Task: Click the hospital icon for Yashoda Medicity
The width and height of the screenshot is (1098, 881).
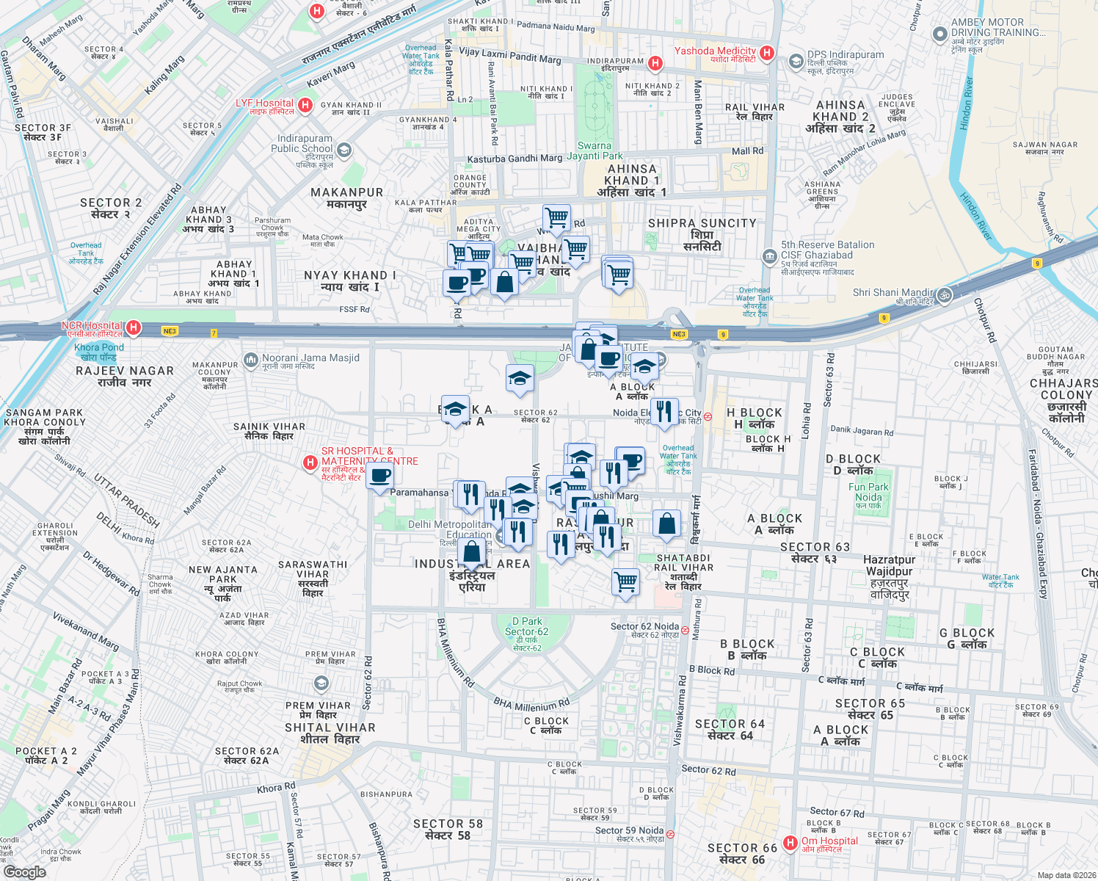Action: pos(767,52)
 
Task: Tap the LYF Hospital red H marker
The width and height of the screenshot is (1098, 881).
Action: pos(305,105)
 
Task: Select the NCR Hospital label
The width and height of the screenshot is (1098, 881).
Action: pos(92,325)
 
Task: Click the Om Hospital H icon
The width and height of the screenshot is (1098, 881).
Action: pos(790,843)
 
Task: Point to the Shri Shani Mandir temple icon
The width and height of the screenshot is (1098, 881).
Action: pos(945,295)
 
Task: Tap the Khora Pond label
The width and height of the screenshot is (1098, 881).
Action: pos(99,348)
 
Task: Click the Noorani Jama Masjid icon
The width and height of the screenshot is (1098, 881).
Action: pos(251,360)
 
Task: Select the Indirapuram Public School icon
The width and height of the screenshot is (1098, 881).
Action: pos(344,151)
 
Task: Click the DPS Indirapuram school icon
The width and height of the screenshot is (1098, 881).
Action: pos(796,62)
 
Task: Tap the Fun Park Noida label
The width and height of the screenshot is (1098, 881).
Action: pos(868,492)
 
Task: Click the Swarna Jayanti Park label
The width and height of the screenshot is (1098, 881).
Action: pos(595,151)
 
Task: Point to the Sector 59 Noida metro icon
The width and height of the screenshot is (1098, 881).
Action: pos(670,834)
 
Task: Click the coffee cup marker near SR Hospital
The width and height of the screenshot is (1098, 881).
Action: pos(380,477)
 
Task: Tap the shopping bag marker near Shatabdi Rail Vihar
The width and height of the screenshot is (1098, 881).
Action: pos(666,524)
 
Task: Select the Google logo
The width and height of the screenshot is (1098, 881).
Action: pos(25,871)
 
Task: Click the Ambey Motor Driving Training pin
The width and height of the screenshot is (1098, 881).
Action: pos(939,34)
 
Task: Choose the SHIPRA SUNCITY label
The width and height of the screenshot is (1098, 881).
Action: pos(702,223)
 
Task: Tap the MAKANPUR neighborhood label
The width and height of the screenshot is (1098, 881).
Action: pos(346,192)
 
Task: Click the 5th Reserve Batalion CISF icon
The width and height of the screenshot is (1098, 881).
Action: pos(769,256)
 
